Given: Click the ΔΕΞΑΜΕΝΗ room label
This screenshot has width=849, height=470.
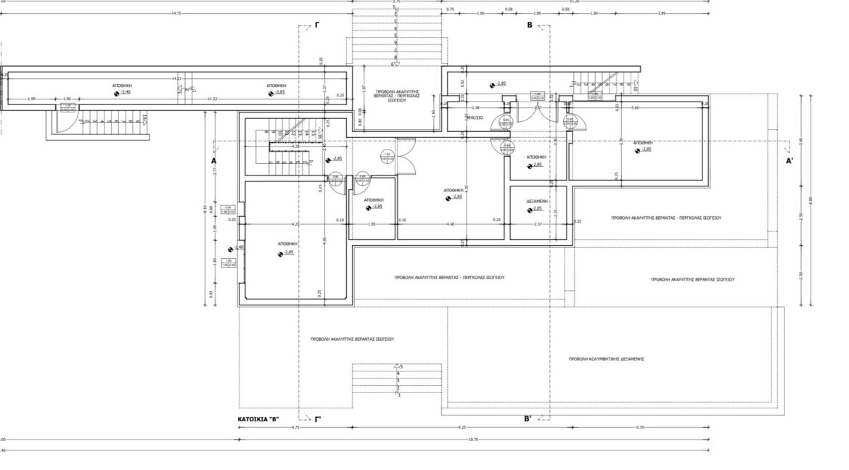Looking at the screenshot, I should tap(537, 200).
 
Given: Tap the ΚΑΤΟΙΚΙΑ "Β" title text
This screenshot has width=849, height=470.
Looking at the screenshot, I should tap(259, 419).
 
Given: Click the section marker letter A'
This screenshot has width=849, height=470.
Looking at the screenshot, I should tap(790, 161).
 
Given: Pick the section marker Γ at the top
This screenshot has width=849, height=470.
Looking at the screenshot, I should tap(317, 25).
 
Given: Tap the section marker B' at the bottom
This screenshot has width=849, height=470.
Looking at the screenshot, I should tap(528, 419).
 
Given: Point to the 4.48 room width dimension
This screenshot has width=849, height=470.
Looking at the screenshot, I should tap(451, 224).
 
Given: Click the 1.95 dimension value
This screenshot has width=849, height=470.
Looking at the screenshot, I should tap(372, 224).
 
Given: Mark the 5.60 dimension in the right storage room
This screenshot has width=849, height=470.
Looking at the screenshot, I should tap(636, 108).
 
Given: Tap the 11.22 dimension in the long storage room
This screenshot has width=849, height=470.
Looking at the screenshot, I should tap(213, 99).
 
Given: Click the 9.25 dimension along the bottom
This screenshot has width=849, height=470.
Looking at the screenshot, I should tap(462, 428).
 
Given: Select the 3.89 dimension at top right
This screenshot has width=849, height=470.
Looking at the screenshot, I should tap(661, 13).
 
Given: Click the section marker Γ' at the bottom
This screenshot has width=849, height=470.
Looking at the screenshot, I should tap(318, 419).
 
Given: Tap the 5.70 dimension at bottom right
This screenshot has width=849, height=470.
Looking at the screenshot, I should tap(639, 428).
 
